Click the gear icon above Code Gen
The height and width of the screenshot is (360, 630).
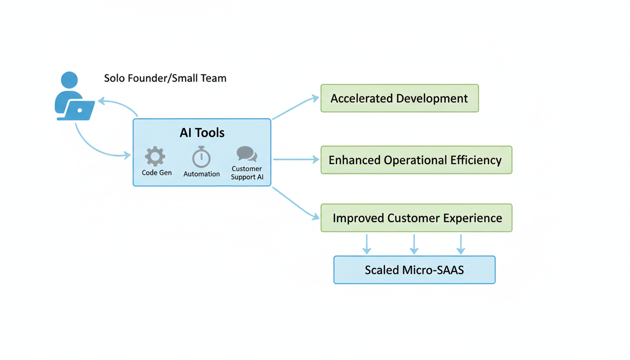click(155, 157)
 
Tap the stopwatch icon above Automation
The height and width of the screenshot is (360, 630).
click(201, 157)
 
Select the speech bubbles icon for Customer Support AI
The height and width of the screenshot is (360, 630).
click(247, 154)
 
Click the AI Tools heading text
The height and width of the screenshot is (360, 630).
click(202, 133)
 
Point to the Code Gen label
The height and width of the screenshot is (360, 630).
click(157, 173)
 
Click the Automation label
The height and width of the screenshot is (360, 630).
click(202, 174)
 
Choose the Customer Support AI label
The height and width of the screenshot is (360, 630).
click(247, 173)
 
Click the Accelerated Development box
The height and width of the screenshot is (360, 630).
click(399, 98)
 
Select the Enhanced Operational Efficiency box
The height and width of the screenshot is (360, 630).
click(416, 160)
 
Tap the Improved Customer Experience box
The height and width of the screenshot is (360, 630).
click(416, 218)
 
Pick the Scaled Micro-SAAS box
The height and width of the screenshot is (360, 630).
click(414, 270)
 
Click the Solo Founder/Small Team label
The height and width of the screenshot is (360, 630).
click(165, 78)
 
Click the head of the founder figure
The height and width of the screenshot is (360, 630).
click(69, 80)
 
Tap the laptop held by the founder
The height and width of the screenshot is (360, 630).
click(79, 111)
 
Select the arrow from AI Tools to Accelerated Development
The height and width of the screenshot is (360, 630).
click(295, 108)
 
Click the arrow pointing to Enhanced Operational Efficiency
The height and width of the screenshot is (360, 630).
click(296, 160)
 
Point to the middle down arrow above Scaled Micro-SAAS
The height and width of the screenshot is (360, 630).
click(413, 244)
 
